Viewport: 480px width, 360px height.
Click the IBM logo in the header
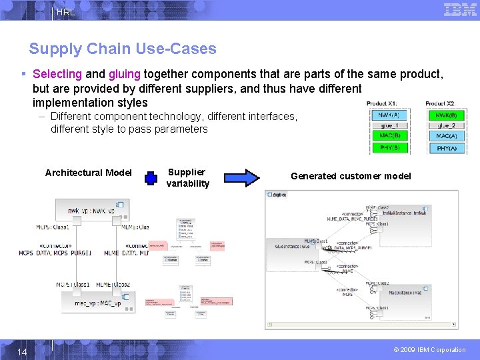tap(460, 9)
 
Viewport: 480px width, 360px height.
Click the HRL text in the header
tap(66, 12)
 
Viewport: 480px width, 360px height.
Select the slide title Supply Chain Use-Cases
tap(123, 49)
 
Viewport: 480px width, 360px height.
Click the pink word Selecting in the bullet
tap(57, 75)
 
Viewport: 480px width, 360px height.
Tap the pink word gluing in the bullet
tap(125, 75)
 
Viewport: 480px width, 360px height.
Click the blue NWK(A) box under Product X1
tap(389, 115)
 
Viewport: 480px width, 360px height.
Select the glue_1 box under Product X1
tap(389, 125)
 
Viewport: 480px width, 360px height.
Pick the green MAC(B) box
tap(389, 136)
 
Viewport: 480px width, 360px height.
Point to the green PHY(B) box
tap(389, 147)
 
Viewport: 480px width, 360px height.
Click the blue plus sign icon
tap(151, 178)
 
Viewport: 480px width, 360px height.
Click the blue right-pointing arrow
tap(241, 177)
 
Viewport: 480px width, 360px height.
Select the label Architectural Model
tap(88, 173)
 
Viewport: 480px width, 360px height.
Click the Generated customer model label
tap(351, 176)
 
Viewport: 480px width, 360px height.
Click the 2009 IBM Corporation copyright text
tap(429, 350)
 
